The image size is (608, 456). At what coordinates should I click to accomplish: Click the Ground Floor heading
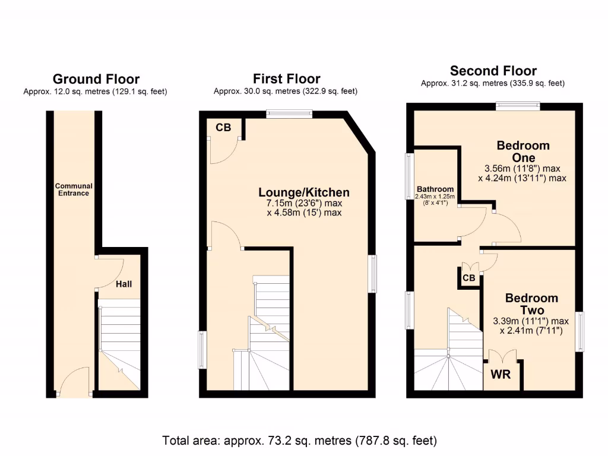(96, 79)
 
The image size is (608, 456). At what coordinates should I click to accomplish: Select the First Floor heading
(286, 78)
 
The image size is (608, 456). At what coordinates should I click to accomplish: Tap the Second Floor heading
(493, 71)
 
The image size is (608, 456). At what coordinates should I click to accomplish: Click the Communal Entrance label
(74, 189)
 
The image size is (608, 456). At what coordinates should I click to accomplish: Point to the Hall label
(123, 284)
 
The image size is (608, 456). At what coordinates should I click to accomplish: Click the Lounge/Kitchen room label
(303, 192)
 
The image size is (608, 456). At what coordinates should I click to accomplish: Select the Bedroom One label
(523, 151)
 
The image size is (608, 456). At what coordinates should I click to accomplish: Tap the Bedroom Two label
(531, 304)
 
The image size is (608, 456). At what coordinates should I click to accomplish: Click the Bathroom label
(435, 189)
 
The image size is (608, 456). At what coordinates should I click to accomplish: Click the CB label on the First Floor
(223, 127)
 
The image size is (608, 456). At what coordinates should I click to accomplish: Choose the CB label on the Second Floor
(468, 278)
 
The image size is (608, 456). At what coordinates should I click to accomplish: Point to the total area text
(300, 441)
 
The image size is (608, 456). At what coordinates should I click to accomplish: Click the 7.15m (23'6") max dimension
(304, 203)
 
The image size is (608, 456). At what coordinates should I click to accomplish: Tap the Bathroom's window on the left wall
(410, 176)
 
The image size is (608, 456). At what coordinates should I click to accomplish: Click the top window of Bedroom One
(518, 106)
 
